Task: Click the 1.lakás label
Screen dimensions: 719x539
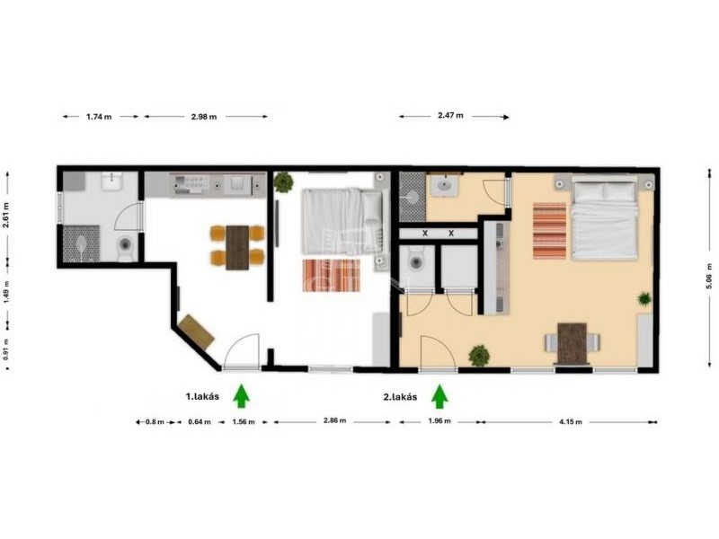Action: (x=202, y=396)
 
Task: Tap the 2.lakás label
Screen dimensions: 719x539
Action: (x=400, y=397)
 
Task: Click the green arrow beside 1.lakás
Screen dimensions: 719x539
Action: (x=241, y=396)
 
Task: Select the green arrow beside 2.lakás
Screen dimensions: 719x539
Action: (x=439, y=396)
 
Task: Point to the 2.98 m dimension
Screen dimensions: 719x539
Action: (x=204, y=117)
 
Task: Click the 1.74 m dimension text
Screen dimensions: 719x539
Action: (x=99, y=117)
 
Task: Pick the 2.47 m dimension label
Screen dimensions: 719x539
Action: (x=450, y=116)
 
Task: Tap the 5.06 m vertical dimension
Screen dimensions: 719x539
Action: (x=709, y=276)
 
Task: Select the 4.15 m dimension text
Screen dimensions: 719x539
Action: (x=571, y=421)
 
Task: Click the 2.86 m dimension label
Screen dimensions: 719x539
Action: (x=334, y=420)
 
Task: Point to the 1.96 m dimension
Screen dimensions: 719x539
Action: (x=439, y=420)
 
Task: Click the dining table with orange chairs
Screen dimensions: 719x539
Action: (x=237, y=248)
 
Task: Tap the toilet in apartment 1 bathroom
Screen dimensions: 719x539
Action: (x=125, y=248)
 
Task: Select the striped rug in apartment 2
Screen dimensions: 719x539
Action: (x=549, y=231)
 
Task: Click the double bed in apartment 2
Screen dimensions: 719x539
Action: (x=604, y=221)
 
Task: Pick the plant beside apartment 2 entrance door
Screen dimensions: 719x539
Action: (x=479, y=355)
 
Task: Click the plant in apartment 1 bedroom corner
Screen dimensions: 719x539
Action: (x=283, y=182)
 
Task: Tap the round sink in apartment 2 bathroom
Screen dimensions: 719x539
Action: (x=444, y=186)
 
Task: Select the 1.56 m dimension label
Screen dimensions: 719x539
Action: (x=244, y=421)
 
